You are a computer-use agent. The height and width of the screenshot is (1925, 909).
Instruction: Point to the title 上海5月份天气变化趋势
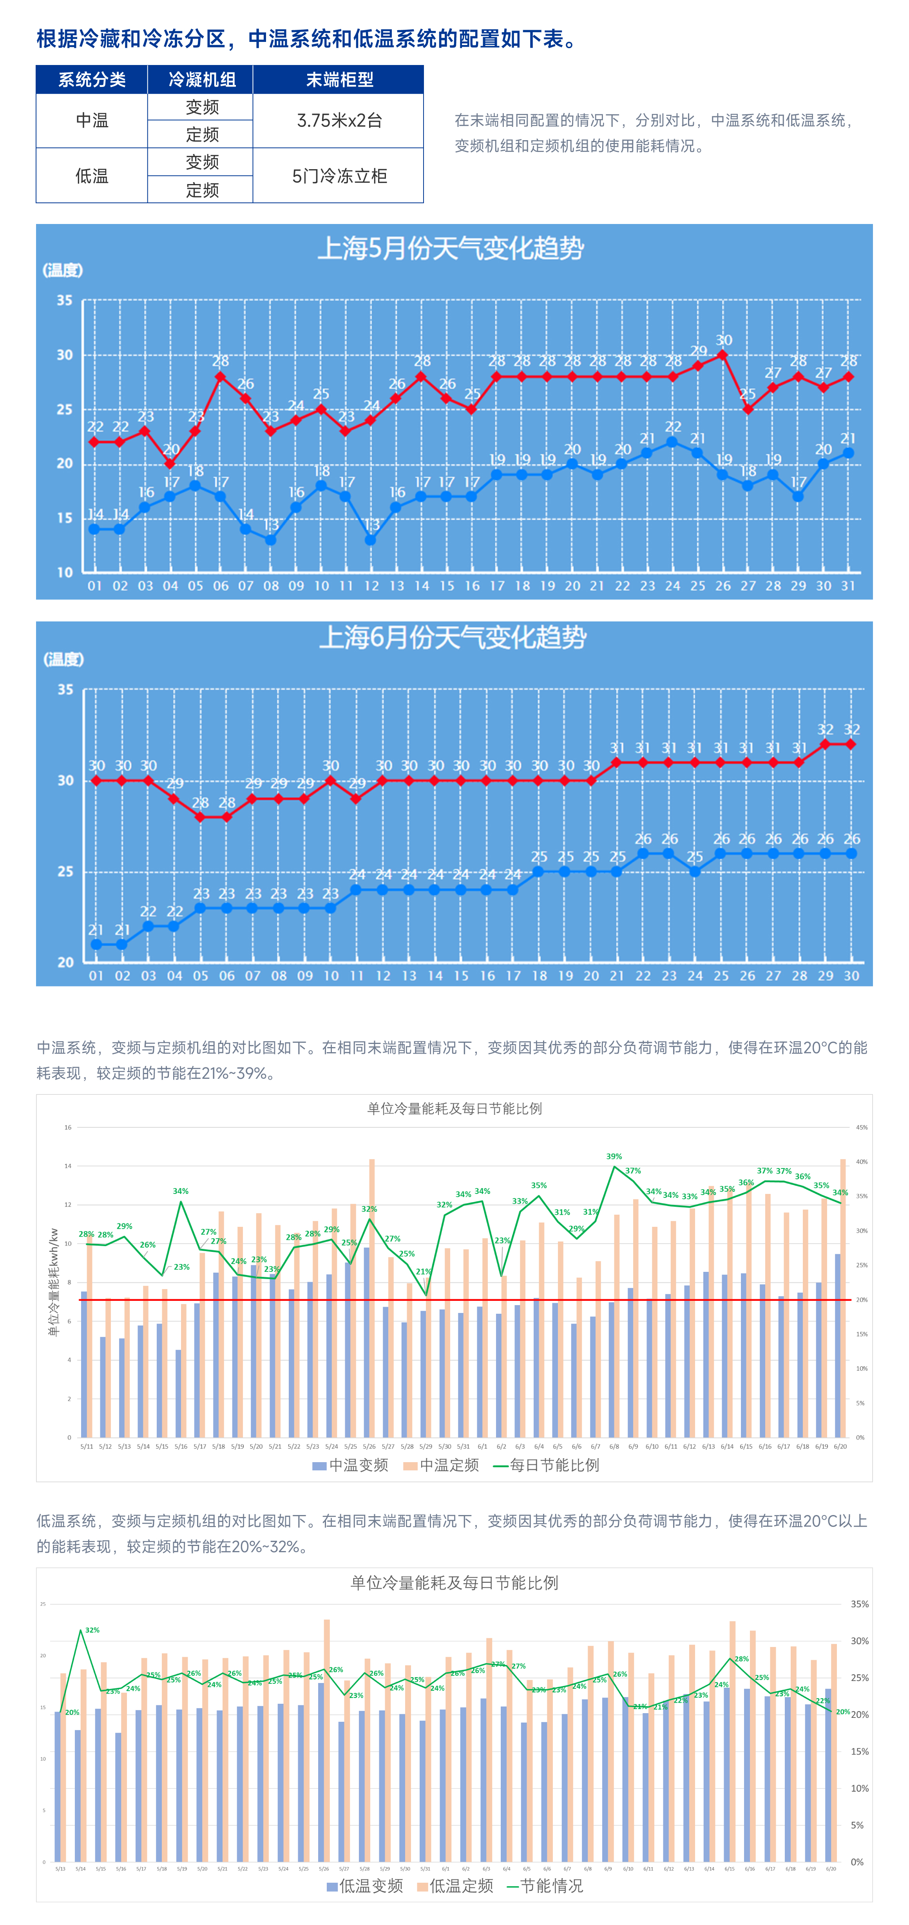451,248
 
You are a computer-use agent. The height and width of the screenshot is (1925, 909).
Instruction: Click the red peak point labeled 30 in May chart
723,355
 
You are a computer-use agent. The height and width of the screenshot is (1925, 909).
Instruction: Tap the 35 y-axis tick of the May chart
65,300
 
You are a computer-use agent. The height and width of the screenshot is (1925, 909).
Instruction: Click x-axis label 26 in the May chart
723,586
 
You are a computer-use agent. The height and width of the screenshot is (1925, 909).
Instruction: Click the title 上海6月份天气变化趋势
453,637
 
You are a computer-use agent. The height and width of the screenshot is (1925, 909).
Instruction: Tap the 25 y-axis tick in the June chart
66,871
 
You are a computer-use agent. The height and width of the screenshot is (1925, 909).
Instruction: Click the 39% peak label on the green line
614,1156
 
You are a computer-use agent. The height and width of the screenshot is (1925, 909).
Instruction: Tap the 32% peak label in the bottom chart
92,1630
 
